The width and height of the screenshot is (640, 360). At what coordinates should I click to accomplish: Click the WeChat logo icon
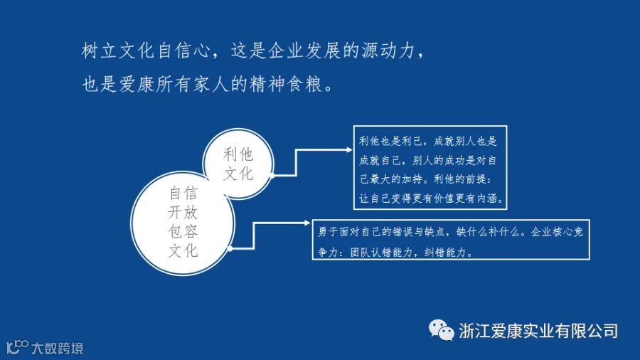[441, 330]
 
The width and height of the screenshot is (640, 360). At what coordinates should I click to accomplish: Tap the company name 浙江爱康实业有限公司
[538, 331]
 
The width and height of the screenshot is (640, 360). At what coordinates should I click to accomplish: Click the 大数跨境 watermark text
[58, 348]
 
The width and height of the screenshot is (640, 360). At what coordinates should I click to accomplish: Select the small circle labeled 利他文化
[238, 164]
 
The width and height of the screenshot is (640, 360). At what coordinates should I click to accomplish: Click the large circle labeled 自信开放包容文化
[183, 223]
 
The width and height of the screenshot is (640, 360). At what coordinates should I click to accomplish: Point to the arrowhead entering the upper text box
[349, 150]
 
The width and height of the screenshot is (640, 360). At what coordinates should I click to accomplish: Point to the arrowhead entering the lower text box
[308, 223]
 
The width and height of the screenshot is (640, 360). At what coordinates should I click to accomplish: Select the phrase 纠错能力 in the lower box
[445, 253]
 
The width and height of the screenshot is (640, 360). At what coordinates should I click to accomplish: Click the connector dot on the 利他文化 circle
[272, 176]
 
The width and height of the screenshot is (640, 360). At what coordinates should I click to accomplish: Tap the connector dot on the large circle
[230, 248]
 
